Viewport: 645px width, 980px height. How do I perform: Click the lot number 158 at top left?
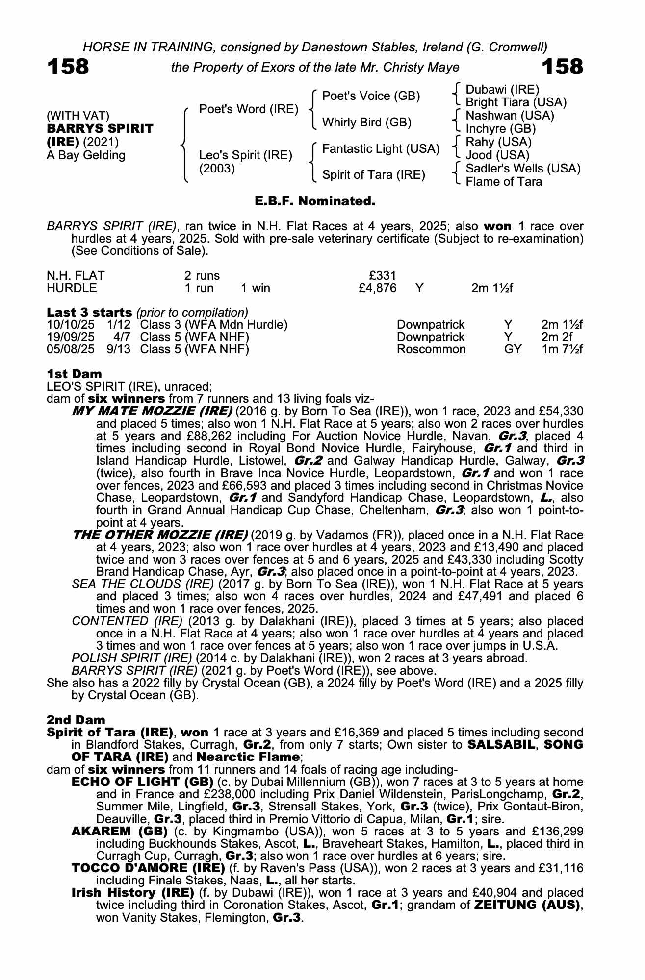pyautogui.click(x=68, y=67)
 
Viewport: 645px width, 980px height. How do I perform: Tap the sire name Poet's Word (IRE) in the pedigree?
pyautogui.click(x=249, y=109)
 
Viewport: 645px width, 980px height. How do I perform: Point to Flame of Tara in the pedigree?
pyautogui.click(x=503, y=182)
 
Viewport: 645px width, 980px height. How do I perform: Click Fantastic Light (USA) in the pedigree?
pyautogui.click(x=381, y=149)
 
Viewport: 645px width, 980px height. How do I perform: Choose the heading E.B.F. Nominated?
pyautogui.click(x=315, y=201)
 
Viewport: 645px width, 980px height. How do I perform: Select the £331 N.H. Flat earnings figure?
pyautogui.click(x=382, y=276)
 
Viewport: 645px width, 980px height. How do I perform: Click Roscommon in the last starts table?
pyautogui.click(x=431, y=349)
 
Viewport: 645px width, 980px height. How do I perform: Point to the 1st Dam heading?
pyautogui.click(x=74, y=375)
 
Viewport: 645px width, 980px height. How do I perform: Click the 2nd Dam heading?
pyautogui.click(x=76, y=720)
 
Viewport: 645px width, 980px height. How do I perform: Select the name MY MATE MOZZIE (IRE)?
pyautogui.click(x=152, y=411)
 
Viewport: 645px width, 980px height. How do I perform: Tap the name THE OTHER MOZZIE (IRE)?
pyautogui.click(x=160, y=535)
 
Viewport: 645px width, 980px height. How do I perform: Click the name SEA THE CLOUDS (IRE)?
pyautogui.click(x=143, y=584)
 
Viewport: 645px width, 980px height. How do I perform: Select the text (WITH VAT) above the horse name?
pyautogui.click(x=78, y=116)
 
